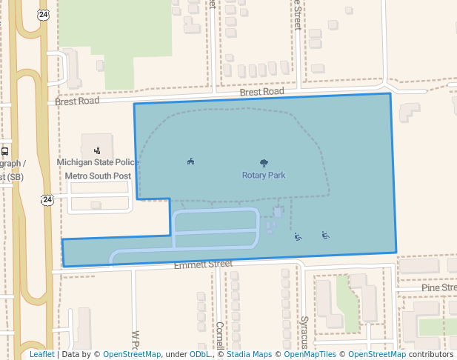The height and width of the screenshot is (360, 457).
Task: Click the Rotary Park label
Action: [263, 176]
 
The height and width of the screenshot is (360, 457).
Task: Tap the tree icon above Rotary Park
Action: [264, 163]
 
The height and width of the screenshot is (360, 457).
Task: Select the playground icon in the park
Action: [190, 161]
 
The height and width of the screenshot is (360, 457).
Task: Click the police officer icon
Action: [97, 150]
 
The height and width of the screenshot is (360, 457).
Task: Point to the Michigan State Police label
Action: [96, 161]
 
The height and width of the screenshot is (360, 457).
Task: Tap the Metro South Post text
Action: [98, 176]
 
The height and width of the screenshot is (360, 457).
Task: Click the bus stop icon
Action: [4, 150]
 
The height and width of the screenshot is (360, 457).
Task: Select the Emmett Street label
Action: [203, 264]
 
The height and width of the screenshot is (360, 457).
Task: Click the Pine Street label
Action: [438, 287]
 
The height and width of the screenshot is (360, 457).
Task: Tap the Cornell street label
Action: [219, 335]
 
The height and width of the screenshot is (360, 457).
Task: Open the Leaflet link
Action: [41, 355]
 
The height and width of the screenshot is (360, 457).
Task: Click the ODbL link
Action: [200, 355]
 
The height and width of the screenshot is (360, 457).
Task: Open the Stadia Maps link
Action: [248, 355]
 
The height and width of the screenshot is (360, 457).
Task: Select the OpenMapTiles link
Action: [310, 355]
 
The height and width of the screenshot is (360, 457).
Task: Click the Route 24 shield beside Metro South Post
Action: [47, 199]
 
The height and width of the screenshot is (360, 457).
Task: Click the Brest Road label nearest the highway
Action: [78, 100]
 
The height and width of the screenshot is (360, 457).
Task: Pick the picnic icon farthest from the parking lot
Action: [325, 236]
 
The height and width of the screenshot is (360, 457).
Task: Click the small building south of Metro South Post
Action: [96, 205]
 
